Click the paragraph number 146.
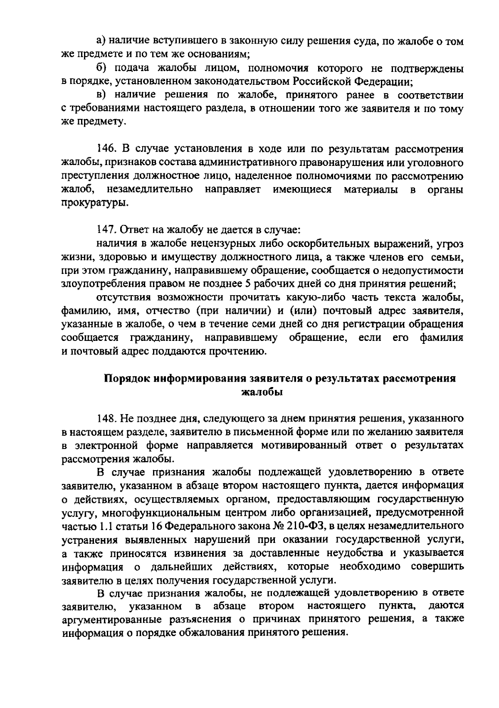[x=105, y=149]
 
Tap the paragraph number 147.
[x=105, y=229]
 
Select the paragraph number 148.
[x=105, y=418]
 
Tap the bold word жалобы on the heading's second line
[x=262, y=392]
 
